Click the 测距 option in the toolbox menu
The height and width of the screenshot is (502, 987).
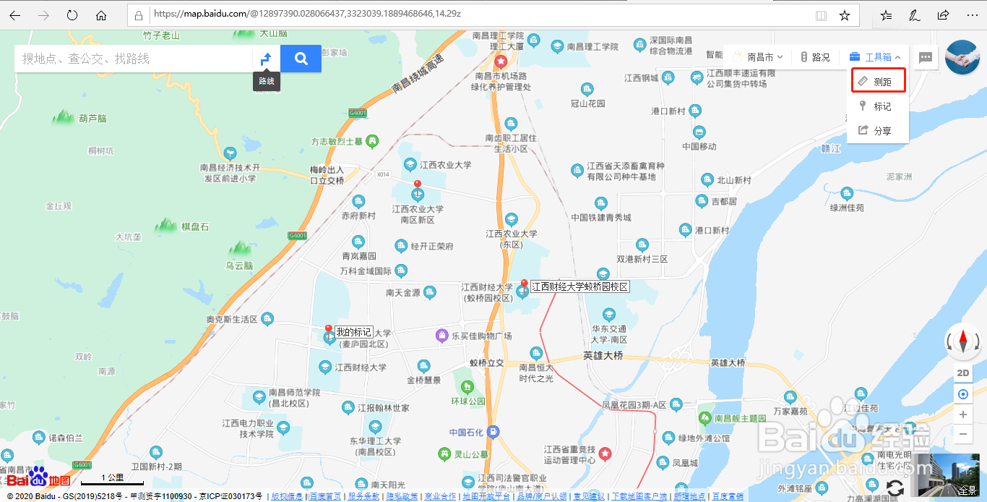coord(878,82)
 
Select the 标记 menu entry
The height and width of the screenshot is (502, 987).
coord(878,106)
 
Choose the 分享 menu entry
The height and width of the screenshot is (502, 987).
coord(878,131)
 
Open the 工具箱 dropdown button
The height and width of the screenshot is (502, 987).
coord(875,57)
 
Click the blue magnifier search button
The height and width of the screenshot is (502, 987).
coord(301,59)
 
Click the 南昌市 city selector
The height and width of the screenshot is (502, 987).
coord(759,57)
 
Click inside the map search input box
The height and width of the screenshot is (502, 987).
coord(134,59)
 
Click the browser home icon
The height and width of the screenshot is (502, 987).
coord(101,15)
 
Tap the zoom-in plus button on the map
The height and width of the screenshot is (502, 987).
coord(962,414)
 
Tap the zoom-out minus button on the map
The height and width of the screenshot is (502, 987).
coord(962,434)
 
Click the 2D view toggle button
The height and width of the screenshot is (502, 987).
coord(962,373)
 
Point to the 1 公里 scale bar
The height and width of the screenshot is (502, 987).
coord(112,480)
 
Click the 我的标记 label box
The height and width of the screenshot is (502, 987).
coord(353,332)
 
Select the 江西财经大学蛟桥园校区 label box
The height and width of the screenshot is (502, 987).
coord(579,287)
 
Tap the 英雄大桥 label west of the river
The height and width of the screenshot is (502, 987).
coord(603,356)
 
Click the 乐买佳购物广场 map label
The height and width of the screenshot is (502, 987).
coord(481,336)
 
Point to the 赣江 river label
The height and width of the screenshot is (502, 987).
coord(832,148)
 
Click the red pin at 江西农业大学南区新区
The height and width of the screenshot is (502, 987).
coord(417,187)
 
